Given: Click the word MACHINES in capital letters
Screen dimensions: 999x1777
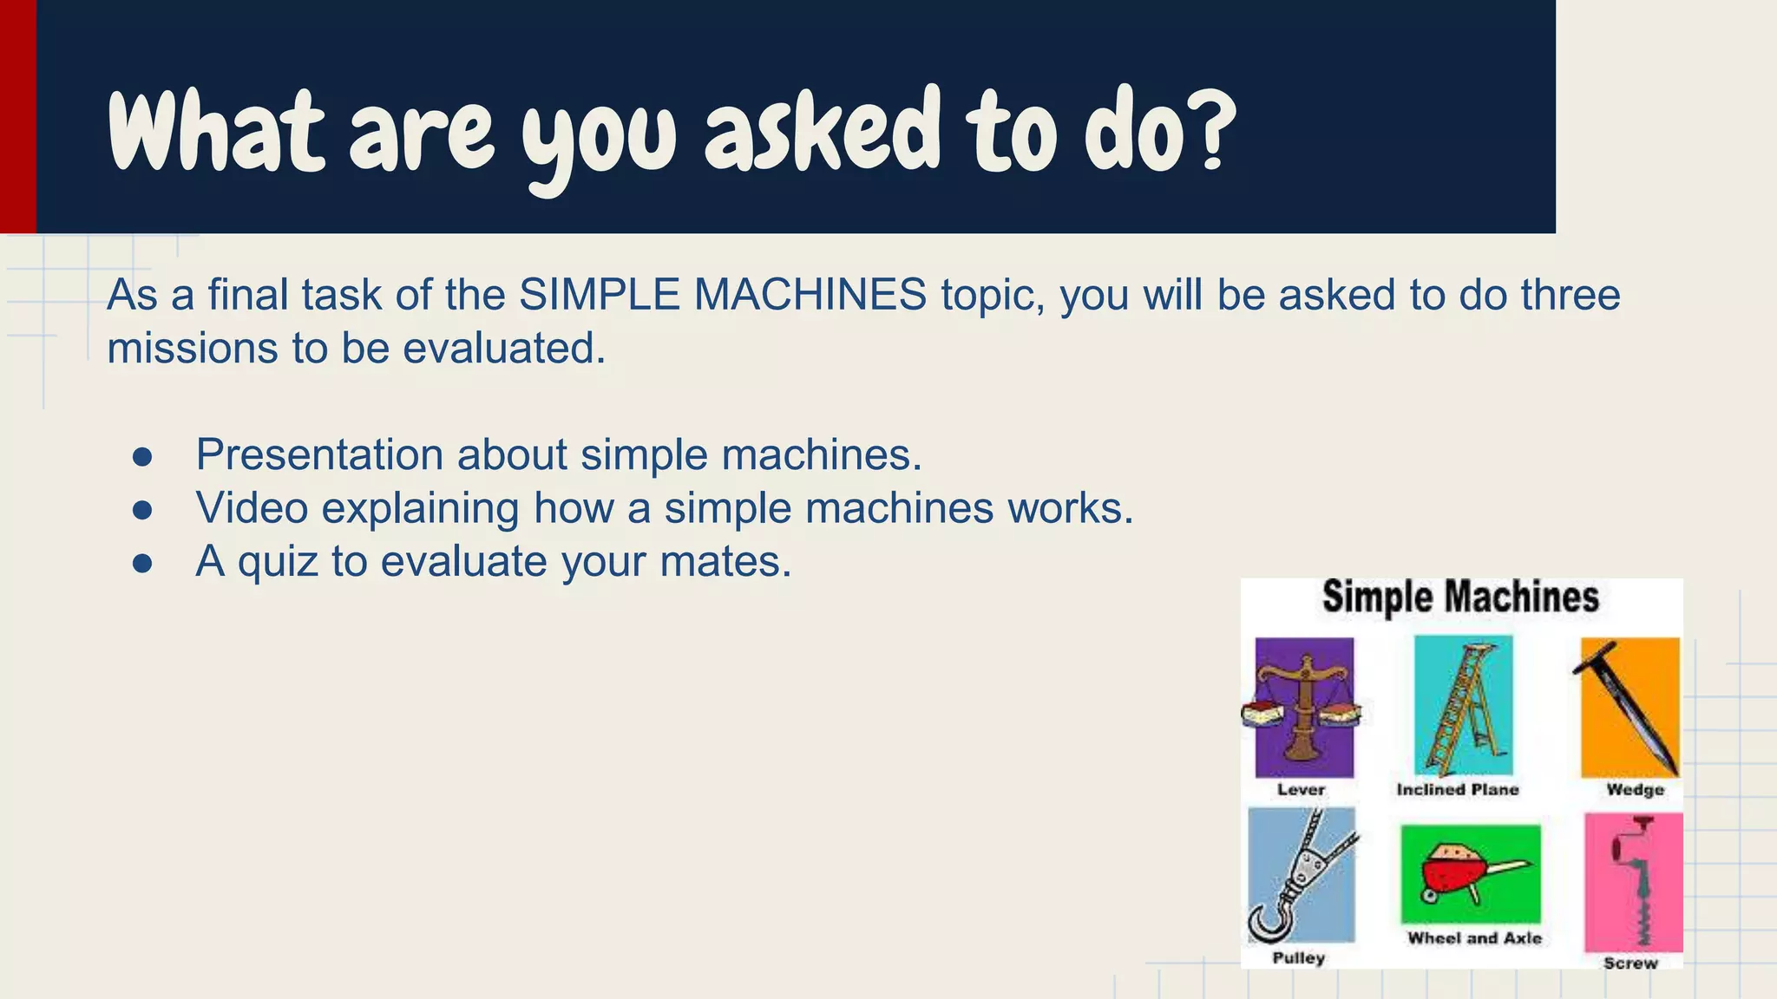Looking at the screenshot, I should pyautogui.click(x=810, y=295).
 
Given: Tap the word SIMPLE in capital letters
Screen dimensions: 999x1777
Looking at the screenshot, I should pyautogui.click(x=600, y=295).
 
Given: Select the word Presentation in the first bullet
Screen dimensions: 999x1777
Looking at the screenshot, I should pyautogui.click(x=320, y=454).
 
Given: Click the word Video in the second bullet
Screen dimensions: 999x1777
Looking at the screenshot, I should pyautogui.click(x=252, y=508).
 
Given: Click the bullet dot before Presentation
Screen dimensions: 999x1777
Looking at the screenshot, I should pyautogui.click(x=143, y=457).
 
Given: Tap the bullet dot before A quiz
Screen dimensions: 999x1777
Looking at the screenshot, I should pyautogui.click(x=143, y=565).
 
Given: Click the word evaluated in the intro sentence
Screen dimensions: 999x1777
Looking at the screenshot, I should pyautogui.click(x=503, y=349).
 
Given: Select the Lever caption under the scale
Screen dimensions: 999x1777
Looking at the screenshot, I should pyautogui.click(x=1301, y=790).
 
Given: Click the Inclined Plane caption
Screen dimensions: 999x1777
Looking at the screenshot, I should pyautogui.click(x=1458, y=790).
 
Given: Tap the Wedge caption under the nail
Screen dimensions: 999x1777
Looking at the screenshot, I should pyautogui.click(x=1636, y=790).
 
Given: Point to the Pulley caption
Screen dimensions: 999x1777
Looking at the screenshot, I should pyautogui.click(x=1299, y=958).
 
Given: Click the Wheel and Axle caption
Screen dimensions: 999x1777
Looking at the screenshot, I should pyautogui.click(x=1474, y=938).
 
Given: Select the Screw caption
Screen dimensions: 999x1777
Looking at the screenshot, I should pyautogui.click(x=1630, y=963).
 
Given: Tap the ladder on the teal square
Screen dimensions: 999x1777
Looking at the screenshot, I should pyautogui.click(x=1464, y=707).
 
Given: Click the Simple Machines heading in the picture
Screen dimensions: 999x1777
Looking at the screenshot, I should pyautogui.click(x=1460, y=597).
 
